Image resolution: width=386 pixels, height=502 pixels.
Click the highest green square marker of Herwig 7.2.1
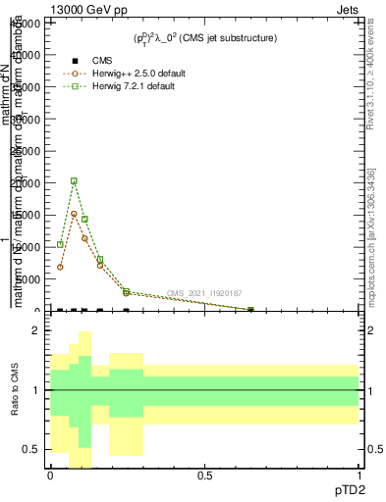pyautogui.click(x=74, y=180)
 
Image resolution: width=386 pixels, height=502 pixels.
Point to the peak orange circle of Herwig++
pyautogui.click(x=74, y=214)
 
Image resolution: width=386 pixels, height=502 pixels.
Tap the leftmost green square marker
pyautogui.click(x=61, y=244)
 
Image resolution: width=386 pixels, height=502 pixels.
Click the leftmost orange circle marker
pyautogui.click(x=61, y=267)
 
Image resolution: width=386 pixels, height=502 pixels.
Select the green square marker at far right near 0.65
pyautogui.click(x=250, y=310)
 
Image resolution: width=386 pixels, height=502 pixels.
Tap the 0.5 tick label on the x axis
pyautogui.click(x=204, y=475)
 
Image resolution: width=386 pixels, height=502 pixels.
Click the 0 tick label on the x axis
pyautogui.click(x=50, y=475)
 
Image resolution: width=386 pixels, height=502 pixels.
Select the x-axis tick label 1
pyautogui.click(x=358, y=475)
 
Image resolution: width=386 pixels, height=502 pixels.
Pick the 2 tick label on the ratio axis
pyautogui.click(x=36, y=330)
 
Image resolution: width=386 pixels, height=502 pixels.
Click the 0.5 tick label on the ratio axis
pyautogui.click(x=32, y=450)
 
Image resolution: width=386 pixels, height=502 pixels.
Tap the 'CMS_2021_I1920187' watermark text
pyautogui.click(x=203, y=293)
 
